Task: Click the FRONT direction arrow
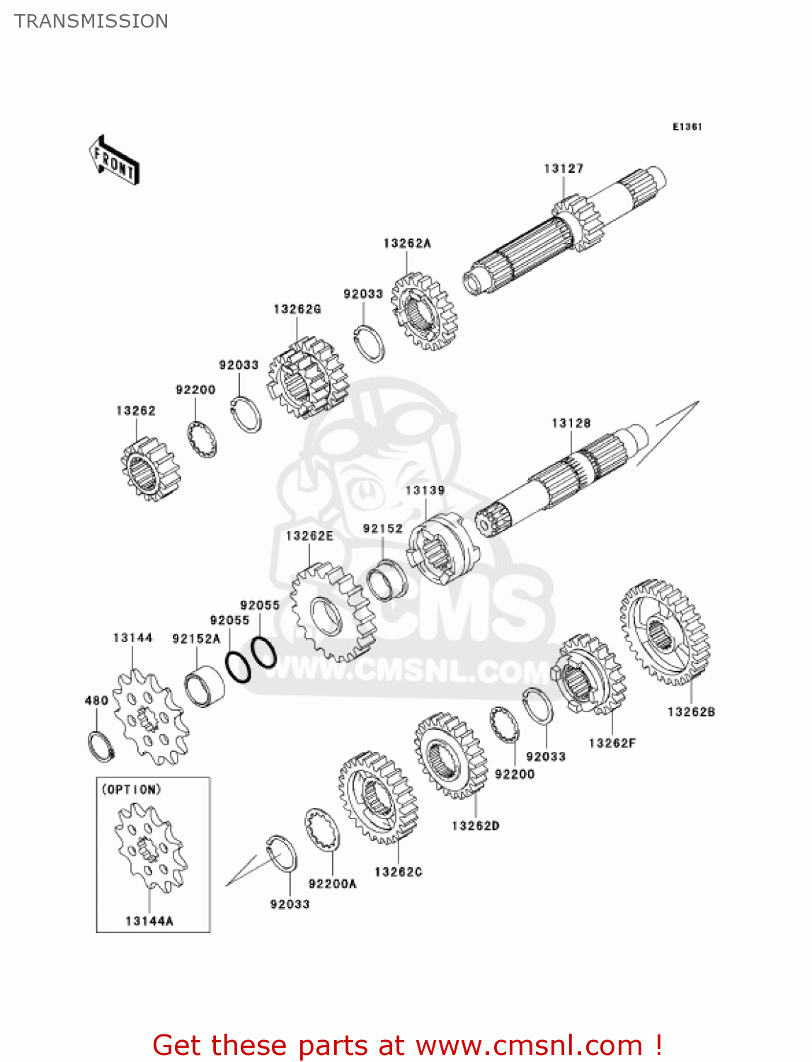(x=114, y=161)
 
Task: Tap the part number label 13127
(x=564, y=169)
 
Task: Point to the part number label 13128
(x=571, y=423)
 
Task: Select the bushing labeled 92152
(x=387, y=579)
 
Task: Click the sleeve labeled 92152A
(x=205, y=686)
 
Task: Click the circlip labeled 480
(x=101, y=746)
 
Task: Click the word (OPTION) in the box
(x=132, y=789)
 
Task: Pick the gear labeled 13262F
(x=590, y=673)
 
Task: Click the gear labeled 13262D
(x=451, y=755)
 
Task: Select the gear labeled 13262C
(x=377, y=797)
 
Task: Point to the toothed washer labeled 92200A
(x=323, y=829)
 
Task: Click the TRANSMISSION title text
(x=91, y=21)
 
